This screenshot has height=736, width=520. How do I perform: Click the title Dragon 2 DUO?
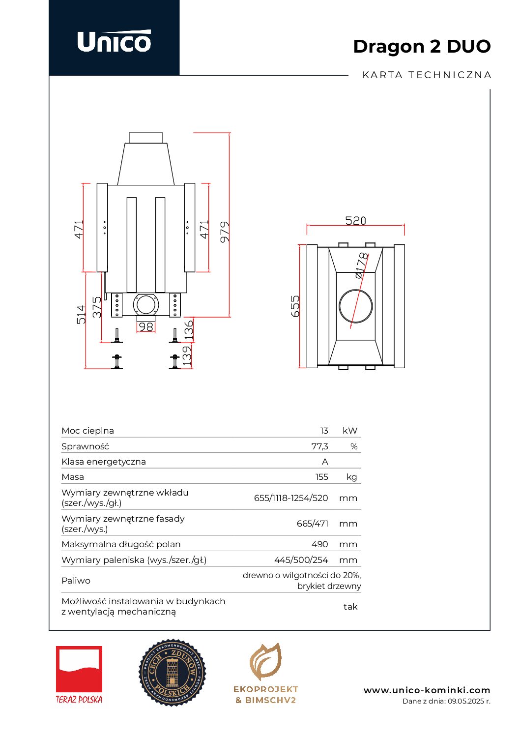pos(422,46)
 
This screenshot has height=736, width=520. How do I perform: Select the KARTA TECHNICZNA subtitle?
pos(427,75)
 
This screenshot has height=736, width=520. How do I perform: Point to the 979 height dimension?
pos(225,232)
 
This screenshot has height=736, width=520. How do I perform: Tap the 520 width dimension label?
pos(355,221)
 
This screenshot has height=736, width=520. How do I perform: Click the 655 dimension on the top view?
pos(295,306)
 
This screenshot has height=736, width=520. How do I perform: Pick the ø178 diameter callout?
pos(361,265)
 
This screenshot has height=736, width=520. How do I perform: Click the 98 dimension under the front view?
pos(146,326)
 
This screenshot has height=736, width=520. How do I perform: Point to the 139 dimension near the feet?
pos(187,356)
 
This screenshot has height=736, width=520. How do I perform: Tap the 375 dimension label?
pos(97,307)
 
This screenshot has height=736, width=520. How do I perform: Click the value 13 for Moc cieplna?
pos(324,431)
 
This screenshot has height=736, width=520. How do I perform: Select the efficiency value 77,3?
pos(319,446)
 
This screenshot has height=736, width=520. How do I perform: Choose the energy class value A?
pos(325,462)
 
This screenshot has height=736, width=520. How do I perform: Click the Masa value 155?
pos(321,477)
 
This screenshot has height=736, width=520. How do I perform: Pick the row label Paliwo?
pos(76,581)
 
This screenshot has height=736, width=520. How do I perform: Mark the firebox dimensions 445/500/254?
pos(301,560)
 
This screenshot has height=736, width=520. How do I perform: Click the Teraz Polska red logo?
pos(79,674)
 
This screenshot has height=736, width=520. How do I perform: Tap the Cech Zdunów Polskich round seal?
pos(172,673)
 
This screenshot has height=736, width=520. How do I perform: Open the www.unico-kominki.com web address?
pos(427,690)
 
